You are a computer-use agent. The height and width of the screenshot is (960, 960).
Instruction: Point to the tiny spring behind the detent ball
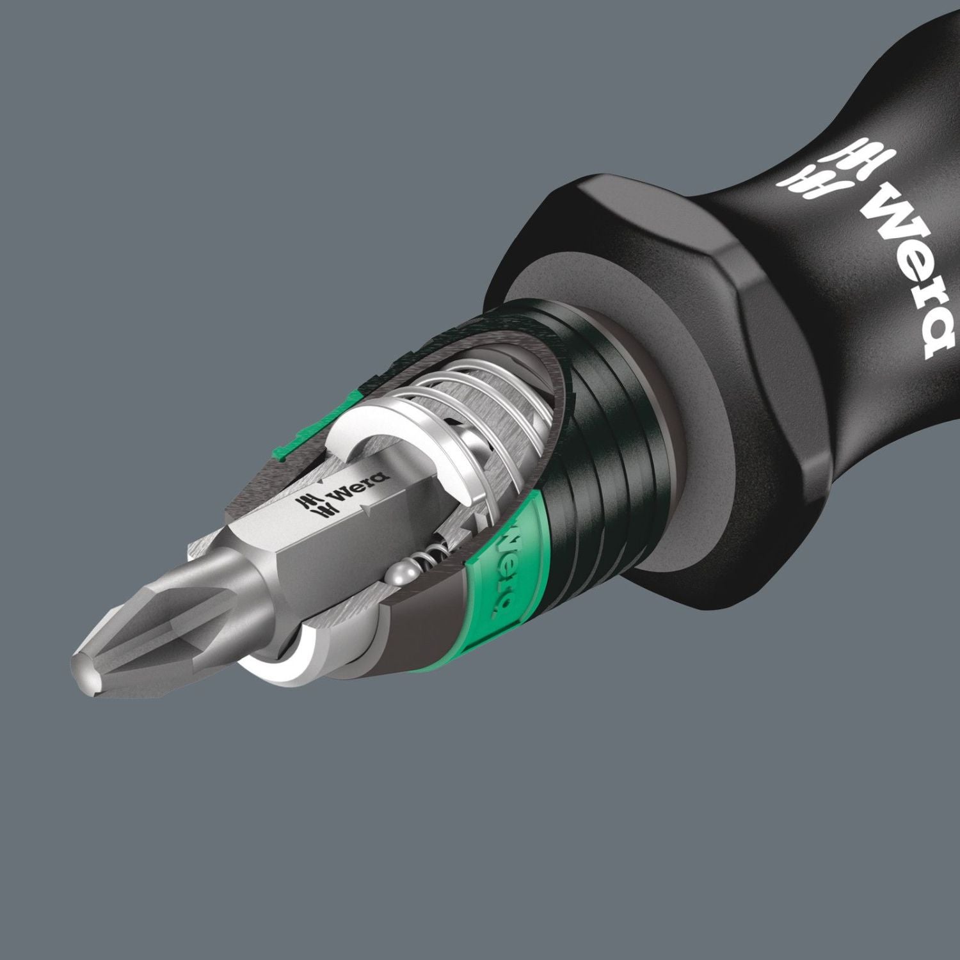[435, 550]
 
